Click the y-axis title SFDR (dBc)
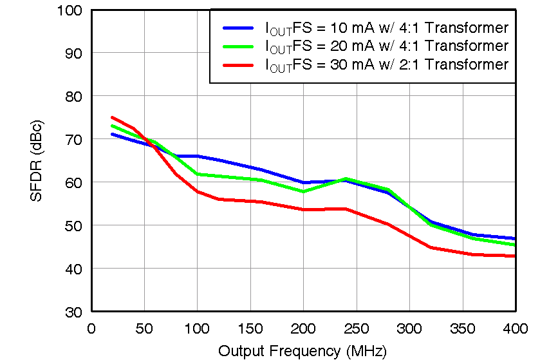(37, 160)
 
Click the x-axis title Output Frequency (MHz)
(303, 351)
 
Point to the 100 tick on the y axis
(73, 10)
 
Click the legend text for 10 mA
(386, 28)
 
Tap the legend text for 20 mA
(386, 46)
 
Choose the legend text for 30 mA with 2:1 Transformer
(386, 64)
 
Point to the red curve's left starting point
(113, 118)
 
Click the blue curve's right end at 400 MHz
(515, 238)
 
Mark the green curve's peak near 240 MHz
(346, 178)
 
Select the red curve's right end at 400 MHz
(515, 256)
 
